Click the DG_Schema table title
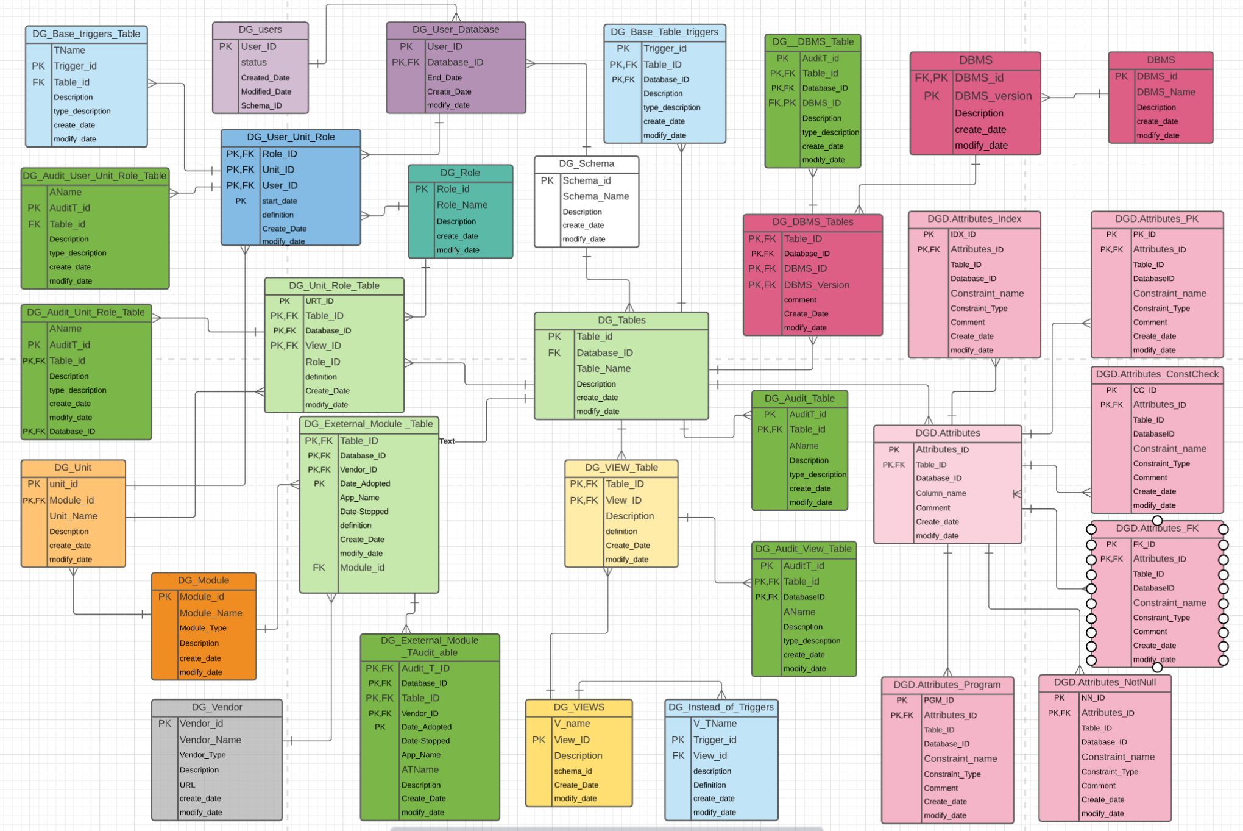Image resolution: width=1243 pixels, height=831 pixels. [586, 163]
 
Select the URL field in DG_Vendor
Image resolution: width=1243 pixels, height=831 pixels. [188, 785]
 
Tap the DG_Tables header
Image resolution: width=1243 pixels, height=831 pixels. [621, 320]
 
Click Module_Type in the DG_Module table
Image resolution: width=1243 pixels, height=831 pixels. [203, 628]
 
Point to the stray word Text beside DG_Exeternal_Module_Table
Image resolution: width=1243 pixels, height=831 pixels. [447, 441]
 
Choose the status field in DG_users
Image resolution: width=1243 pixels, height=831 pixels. [253, 62]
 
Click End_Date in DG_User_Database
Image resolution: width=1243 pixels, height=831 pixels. [444, 77]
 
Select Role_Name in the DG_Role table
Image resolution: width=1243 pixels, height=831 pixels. [462, 205]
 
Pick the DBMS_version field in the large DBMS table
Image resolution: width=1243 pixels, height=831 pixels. [993, 96]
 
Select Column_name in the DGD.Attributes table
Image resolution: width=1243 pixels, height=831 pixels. [941, 493]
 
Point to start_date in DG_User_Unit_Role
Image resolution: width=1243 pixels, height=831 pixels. [280, 201]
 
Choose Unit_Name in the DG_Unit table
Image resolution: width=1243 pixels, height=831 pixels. [73, 516]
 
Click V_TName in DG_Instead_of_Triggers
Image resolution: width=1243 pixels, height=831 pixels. [715, 723]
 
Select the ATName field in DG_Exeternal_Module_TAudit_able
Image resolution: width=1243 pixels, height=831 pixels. [420, 769]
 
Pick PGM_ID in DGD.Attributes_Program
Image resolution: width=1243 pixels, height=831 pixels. [938, 700]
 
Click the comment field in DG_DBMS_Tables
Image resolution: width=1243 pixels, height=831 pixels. [800, 300]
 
